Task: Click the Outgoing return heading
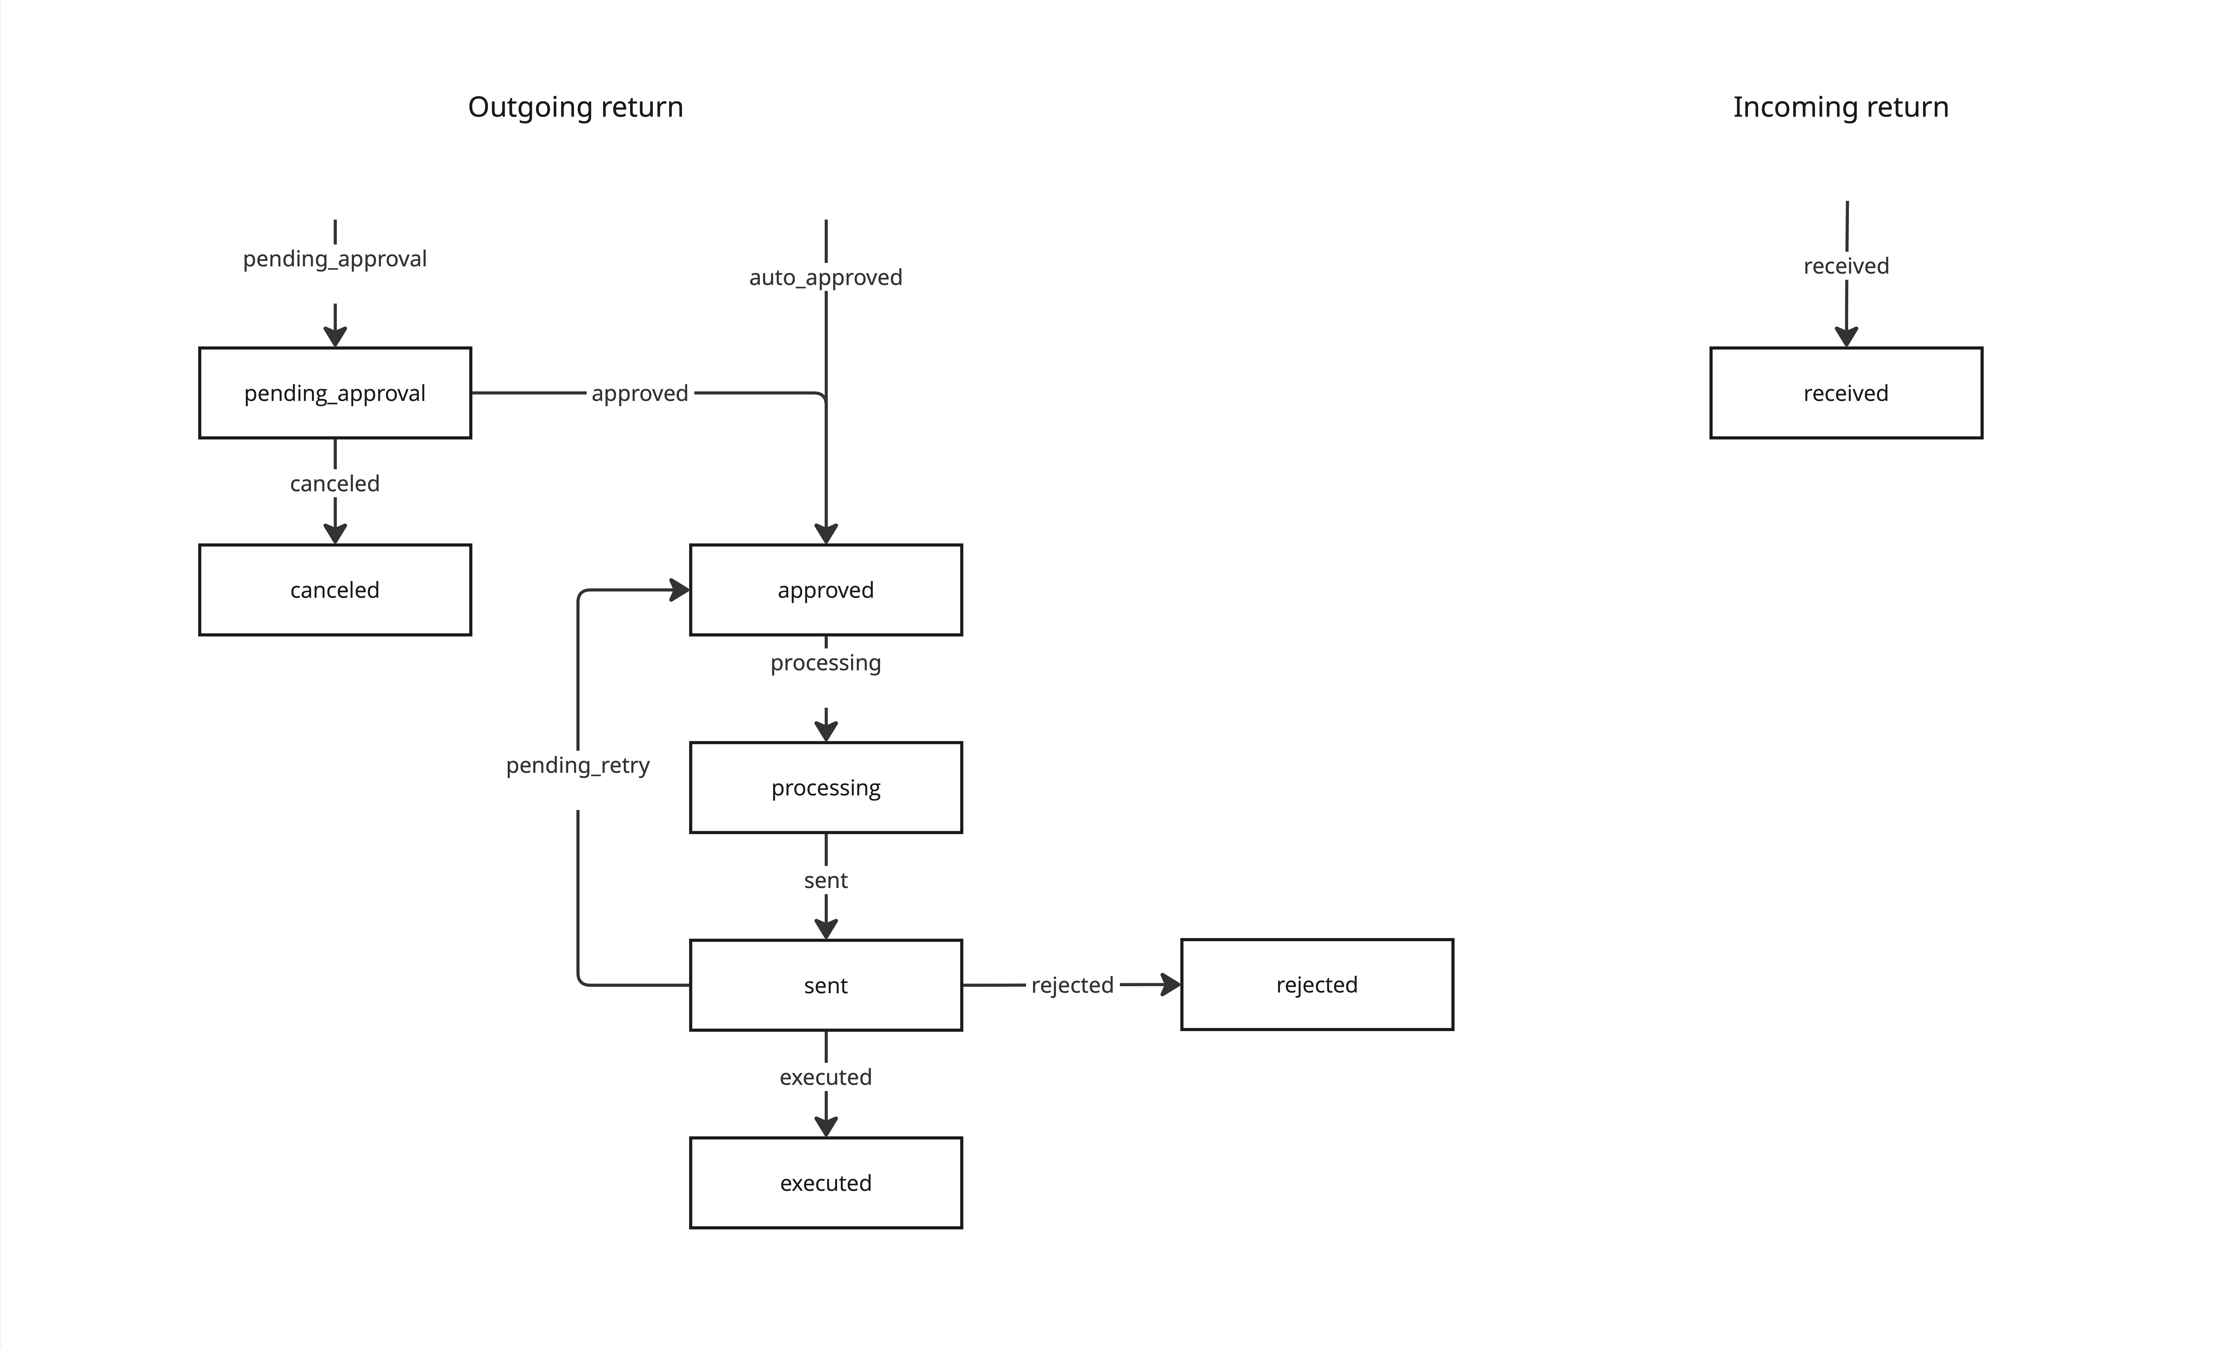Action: (575, 107)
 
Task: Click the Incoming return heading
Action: (1840, 107)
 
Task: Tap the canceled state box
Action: (335, 590)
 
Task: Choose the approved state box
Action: (826, 590)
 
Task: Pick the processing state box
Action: (826, 787)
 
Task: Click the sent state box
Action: (826, 985)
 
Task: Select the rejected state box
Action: (1317, 985)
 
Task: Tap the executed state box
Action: (826, 1183)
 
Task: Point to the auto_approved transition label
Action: (826, 277)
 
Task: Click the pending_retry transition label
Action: (578, 766)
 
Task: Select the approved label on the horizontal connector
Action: (640, 393)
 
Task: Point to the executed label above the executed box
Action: (826, 1077)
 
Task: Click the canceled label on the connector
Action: (335, 483)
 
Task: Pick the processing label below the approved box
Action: (826, 663)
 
